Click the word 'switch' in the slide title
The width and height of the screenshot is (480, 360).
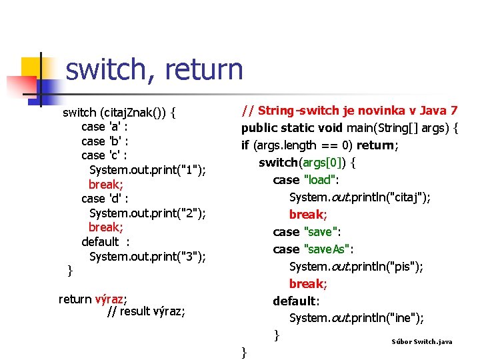107,70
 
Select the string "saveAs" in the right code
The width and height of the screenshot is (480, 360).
328,249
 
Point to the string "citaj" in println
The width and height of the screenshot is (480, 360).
409,197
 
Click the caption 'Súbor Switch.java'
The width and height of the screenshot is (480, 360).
422,342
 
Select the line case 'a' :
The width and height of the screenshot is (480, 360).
105,127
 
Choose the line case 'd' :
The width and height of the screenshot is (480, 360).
105,199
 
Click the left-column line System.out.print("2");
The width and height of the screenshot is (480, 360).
147,213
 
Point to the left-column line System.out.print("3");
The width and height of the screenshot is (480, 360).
147,257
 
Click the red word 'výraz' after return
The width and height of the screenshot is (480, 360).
111,299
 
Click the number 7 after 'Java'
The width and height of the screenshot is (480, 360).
454,110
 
